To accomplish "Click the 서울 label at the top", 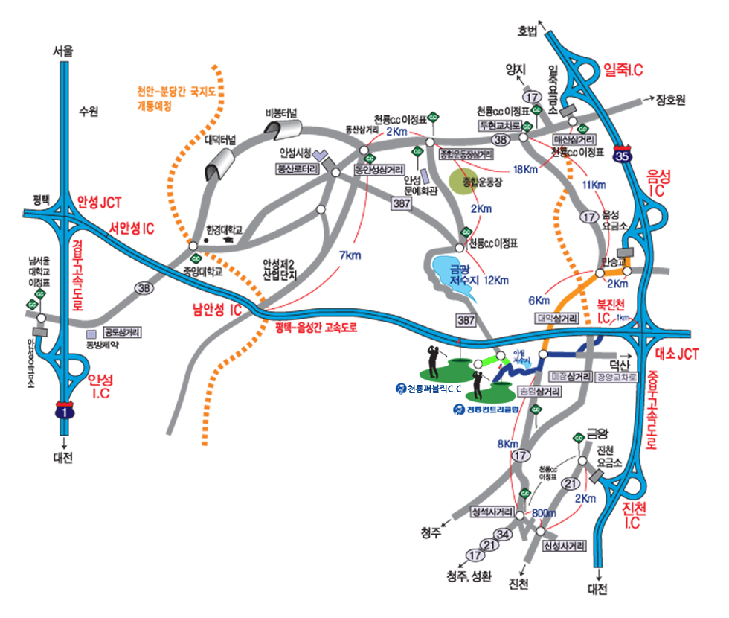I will coord(63,52).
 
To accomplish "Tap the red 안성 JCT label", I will coord(100,202).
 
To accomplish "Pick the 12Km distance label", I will coord(496,281).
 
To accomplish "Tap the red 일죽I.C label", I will coord(623,69).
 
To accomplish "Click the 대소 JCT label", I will coord(676,354).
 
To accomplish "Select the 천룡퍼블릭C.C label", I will coord(435,389).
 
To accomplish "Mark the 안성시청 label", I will coord(295,153).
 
